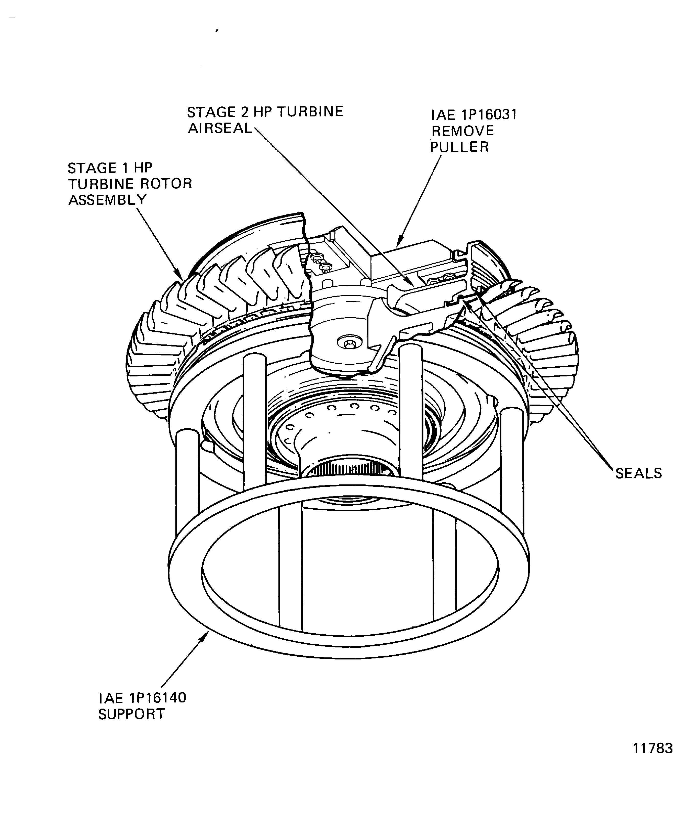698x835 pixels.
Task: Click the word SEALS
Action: [x=638, y=473]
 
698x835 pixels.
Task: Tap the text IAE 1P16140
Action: [x=142, y=698]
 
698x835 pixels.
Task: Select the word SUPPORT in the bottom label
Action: [x=131, y=714]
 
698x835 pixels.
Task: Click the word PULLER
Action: [x=459, y=147]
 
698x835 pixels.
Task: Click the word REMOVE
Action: [x=463, y=131]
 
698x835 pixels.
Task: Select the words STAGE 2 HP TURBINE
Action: [x=265, y=112]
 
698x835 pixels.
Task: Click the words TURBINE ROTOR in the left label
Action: [x=130, y=184]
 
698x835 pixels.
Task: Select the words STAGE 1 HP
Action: [x=110, y=168]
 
